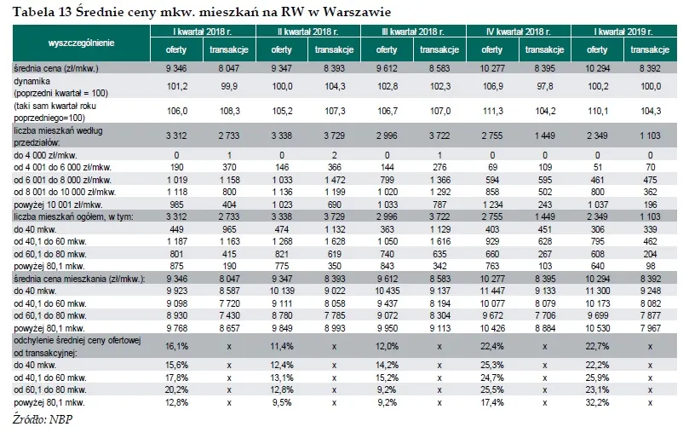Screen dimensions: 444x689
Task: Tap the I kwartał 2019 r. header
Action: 624,32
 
